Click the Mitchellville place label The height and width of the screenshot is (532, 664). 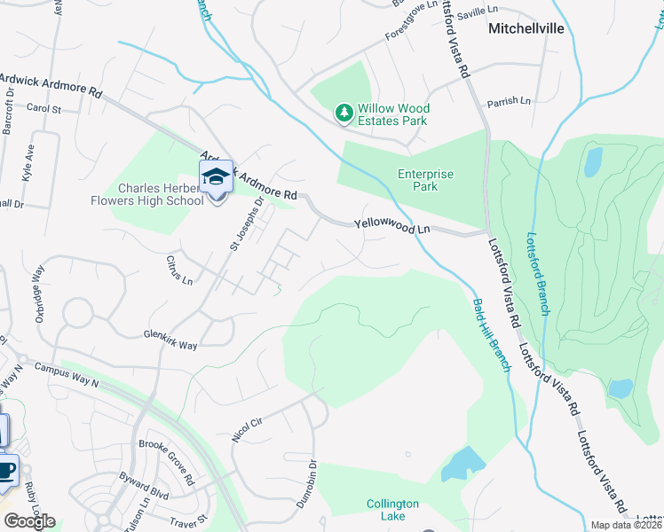526,28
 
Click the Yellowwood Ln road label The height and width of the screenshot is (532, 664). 391,228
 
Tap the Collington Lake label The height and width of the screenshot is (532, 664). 392,511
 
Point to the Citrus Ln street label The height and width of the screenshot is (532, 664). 178,270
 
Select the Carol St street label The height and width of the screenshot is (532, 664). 43,109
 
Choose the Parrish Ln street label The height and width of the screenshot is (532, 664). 509,101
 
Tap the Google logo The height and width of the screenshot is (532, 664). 28,520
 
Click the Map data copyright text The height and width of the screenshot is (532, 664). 626,524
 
